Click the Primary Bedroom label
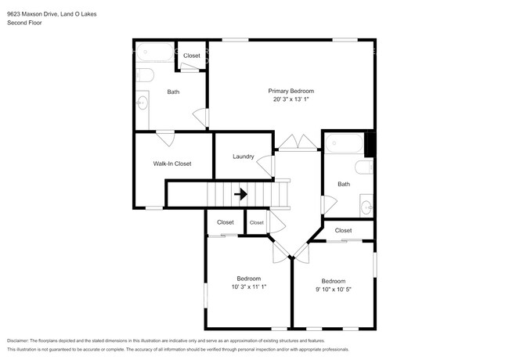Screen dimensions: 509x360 [x=291, y=91]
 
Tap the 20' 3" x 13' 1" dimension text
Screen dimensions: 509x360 [x=291, y=99]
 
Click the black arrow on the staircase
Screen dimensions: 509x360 [x=241, y=194]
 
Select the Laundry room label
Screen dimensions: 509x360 [x=243, y=157]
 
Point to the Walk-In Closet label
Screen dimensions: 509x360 [x=172, y=164]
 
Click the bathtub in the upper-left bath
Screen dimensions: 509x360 [x=155, y=52]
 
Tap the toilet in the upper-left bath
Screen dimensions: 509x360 [x=145, y=75]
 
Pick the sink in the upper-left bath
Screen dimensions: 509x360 [x=142, y=103]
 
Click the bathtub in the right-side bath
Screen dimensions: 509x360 [x=344, y=143]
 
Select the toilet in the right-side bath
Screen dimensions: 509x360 [x=364, y=167]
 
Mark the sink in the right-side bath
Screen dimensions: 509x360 [x=366, y=207]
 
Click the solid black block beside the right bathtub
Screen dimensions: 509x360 [x=370, y=145]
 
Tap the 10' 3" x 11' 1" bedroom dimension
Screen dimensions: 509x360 [x=249, y=286]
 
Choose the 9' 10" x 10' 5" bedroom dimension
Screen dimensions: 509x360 [x=334, y=290]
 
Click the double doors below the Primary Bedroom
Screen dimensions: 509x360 [x=298, y=142]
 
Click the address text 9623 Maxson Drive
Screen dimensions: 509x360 [x=32, y=14]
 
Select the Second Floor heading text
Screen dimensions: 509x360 [x=24, y=23]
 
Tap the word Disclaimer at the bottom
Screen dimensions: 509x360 [x=18, y=341]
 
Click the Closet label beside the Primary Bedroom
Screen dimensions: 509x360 [x=192, y=56]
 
